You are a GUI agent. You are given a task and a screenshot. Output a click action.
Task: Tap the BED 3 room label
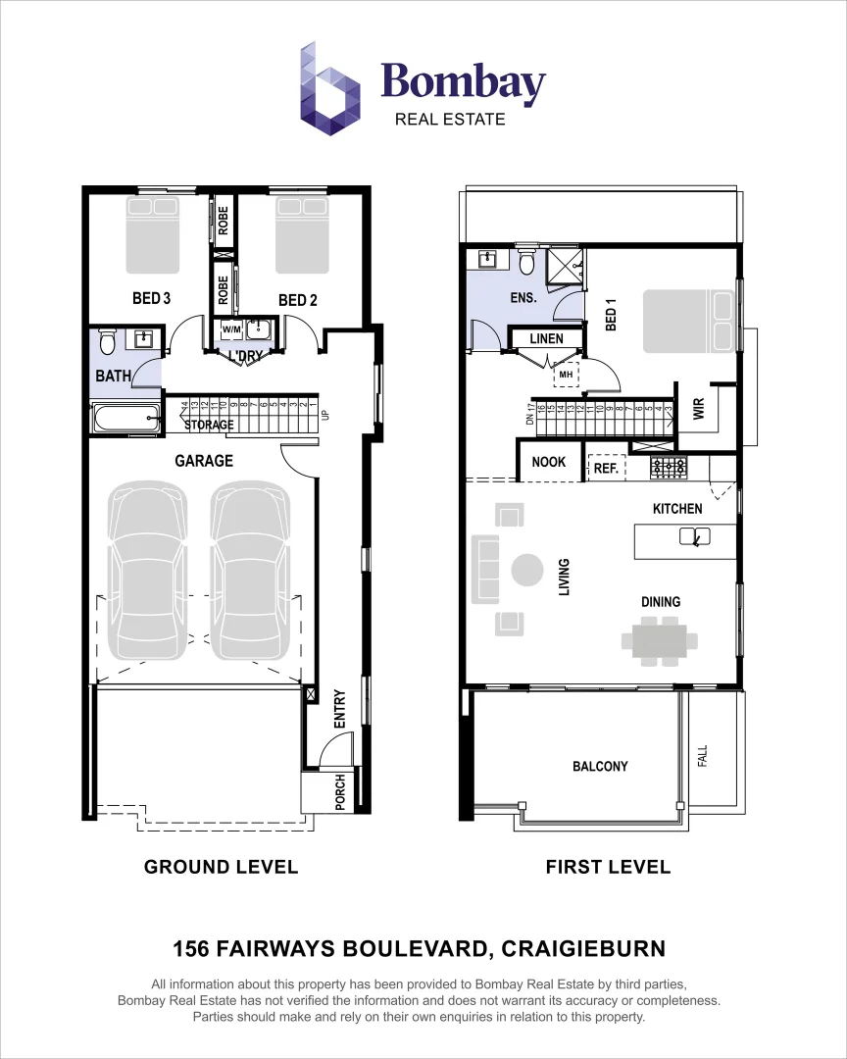click(152, 298)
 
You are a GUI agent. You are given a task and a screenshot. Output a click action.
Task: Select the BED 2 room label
click(298, 300)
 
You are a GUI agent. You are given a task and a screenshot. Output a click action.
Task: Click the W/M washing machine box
click(231, 329)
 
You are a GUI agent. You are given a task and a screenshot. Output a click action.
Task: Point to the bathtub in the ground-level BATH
click(125, 419)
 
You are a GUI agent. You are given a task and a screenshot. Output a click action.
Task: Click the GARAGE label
click(204, 460)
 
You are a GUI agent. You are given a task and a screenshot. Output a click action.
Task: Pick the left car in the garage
click(147, 573)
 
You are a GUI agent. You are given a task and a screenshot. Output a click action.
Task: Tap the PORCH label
click(339, 793)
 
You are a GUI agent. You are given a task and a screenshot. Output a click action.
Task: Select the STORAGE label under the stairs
click(209, 425)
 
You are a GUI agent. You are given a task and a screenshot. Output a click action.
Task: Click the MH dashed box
click(567, 374)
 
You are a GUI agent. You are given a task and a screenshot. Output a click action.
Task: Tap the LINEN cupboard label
click(546, 338)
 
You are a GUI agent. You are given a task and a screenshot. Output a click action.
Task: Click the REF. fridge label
click(606, 469)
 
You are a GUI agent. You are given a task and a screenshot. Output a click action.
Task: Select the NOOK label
click(548, 462)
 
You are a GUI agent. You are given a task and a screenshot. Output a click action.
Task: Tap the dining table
click(660, 640)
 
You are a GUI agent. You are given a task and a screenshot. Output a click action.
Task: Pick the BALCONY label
click(600, 766)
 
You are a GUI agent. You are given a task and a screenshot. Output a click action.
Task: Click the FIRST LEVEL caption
click(608, 867)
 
